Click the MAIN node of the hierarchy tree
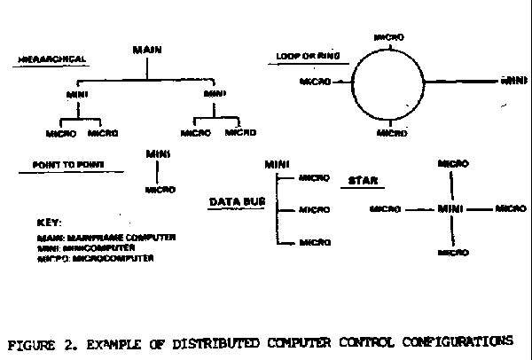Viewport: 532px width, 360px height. click(x=146, y=50)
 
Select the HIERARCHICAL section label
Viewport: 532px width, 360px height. click(x=51, y=59)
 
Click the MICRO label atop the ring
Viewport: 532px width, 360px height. click(x=390, y=37)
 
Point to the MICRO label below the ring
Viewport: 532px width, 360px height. click(x=391, y=133)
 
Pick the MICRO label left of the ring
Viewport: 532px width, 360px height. click(x=315, y=82)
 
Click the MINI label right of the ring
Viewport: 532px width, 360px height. click(x=513, y=81)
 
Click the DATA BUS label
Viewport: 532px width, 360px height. click(x=237, y=203)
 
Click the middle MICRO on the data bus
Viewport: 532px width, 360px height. click(x=315, y=210)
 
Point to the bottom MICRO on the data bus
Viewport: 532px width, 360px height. click(x=315, y=242)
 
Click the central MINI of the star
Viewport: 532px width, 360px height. click(x=451, y=209)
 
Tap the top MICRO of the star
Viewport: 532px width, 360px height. click(x=453, y=165)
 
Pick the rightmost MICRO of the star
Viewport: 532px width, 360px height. click(x=510, y=209)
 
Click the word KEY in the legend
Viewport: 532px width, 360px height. click(x=50, y=223)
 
